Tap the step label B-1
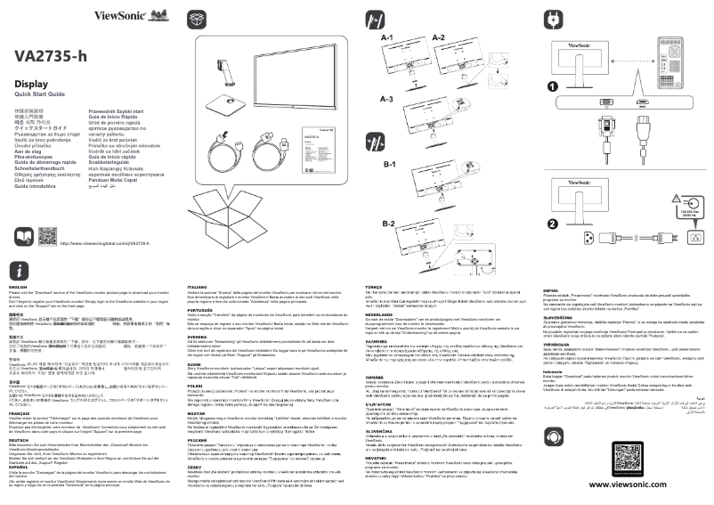[388, 165]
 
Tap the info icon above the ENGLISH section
[21, 268]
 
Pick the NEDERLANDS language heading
[382, 314]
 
